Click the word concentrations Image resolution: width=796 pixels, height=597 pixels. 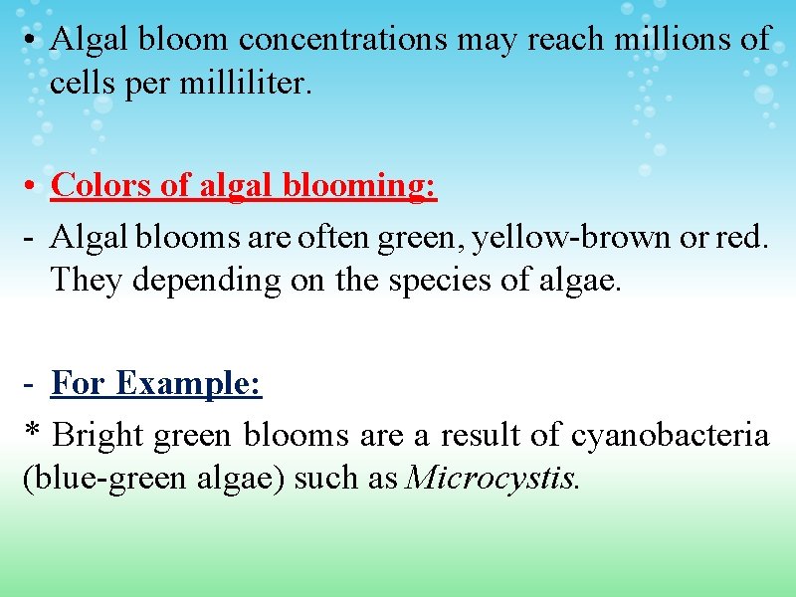pyautogui.click(x=343, y=40)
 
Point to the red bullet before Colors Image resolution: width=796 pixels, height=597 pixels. pyautogui.click(x=33, y=186)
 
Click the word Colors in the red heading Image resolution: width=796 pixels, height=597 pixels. pyautogui.click(x=95, y=185)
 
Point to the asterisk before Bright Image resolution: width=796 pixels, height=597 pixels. pyautogui.click(x=32, y=435)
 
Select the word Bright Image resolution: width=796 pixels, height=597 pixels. pyautogui.click(x=97, y=436)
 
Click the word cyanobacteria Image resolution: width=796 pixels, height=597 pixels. pyautogui.click(x=671, y=436)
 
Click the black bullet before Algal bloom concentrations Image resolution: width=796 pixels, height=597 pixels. pyautogui.click(x=33, y=41)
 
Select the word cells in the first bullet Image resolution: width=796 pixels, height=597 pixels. pyautogui.click(x=84, y=84)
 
